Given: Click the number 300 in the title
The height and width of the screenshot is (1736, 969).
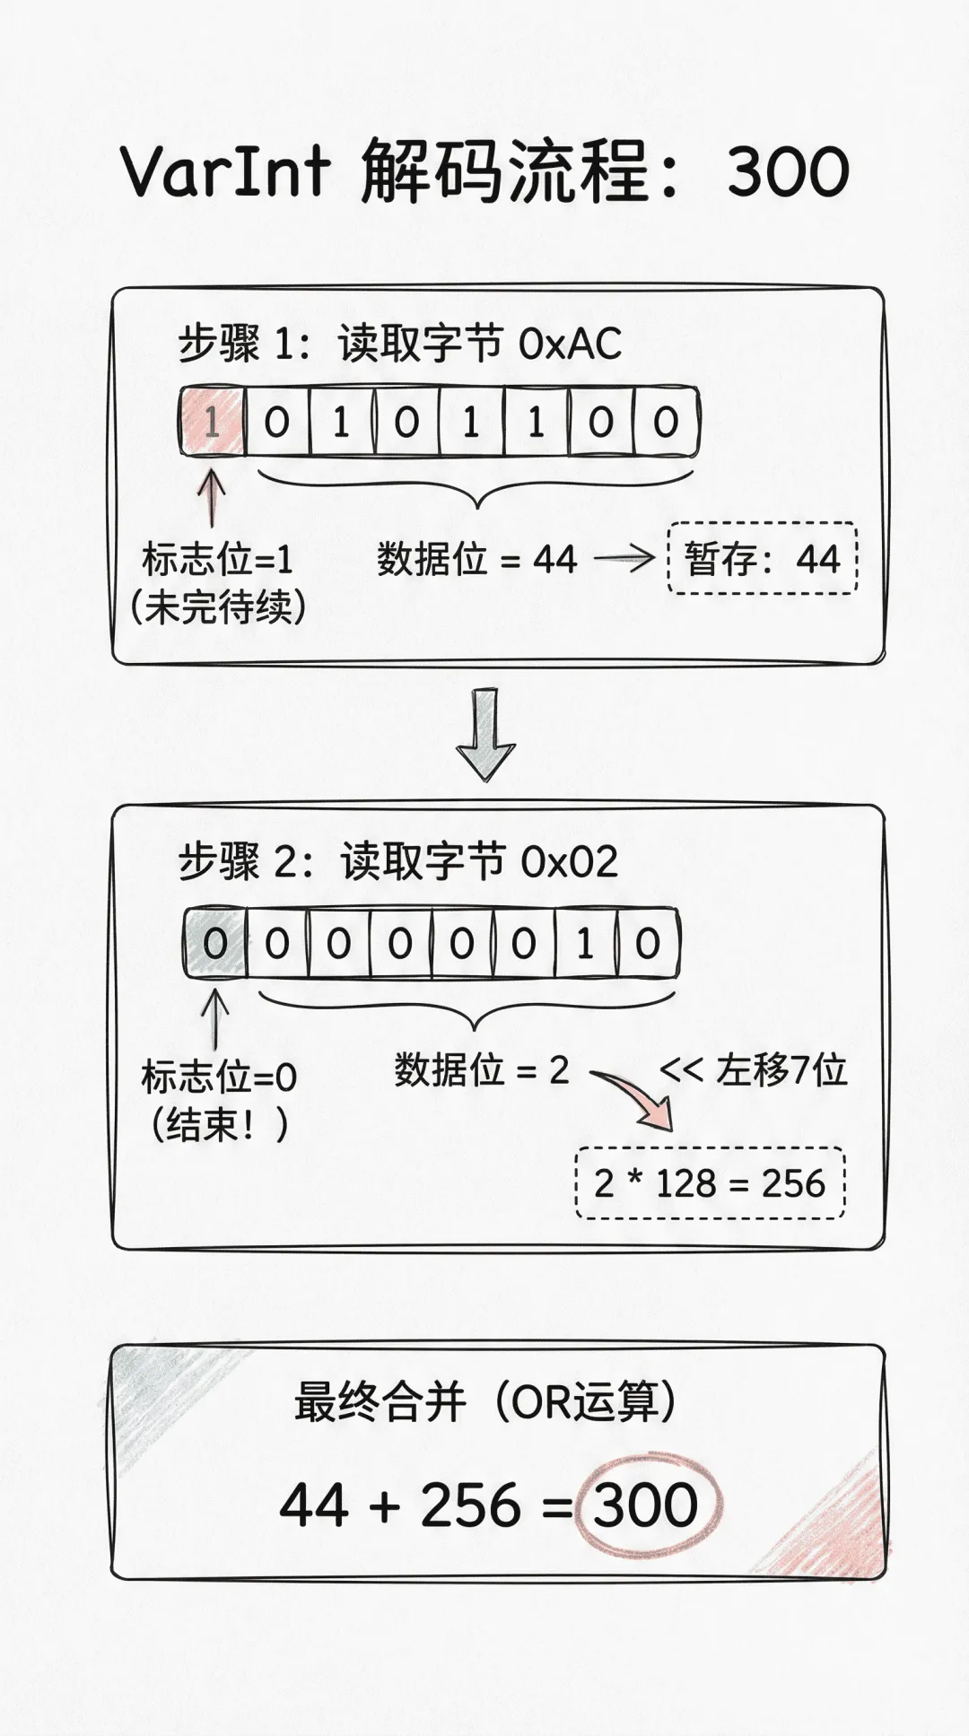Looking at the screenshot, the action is pos(788,171).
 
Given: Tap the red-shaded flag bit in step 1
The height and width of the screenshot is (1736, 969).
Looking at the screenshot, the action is pos(212,422).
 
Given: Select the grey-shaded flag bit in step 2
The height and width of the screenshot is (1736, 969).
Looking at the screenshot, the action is pos(214,943).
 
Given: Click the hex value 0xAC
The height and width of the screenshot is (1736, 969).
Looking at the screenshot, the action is pos(571,345).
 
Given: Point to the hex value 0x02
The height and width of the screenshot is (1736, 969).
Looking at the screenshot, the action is pos(571,862).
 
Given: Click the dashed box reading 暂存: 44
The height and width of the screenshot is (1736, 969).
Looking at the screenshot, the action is pos(762,559).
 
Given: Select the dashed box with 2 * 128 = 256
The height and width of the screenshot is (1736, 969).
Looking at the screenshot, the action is pos(710,1183).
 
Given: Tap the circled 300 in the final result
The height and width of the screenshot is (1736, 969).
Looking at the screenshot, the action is pos(646,1505).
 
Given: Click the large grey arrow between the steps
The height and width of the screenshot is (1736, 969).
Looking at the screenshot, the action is pos(485,734).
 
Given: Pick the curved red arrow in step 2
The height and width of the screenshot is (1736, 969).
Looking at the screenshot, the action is pos(633,1096).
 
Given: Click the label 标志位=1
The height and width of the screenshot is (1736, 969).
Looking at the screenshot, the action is pos(218,560).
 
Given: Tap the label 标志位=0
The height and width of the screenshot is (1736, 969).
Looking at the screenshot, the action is pos(219,1077).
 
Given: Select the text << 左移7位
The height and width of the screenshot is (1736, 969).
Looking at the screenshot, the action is pos(754,1070).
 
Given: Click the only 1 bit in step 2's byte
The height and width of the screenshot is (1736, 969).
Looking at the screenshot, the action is pos(585,943).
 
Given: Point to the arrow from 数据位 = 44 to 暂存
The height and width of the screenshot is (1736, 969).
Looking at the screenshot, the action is pos(624,560).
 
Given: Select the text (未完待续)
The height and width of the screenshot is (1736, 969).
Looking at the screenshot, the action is pos(218,607).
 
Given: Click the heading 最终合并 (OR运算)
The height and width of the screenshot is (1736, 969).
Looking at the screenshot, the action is pos(484,1401).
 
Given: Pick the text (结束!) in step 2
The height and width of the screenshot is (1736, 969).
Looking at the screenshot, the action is pos(218,1124).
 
